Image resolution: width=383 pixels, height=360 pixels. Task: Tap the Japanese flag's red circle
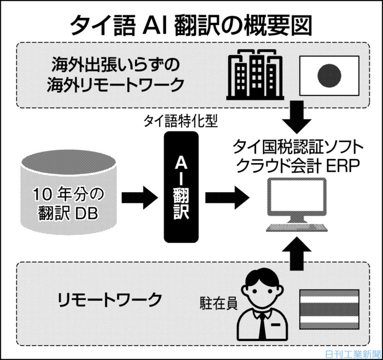point(329,75)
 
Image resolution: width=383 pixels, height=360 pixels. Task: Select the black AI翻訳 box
point(181,187)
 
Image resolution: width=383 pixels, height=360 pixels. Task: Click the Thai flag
point(329,309)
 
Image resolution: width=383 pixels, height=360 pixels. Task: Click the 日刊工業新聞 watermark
point(353,353)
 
